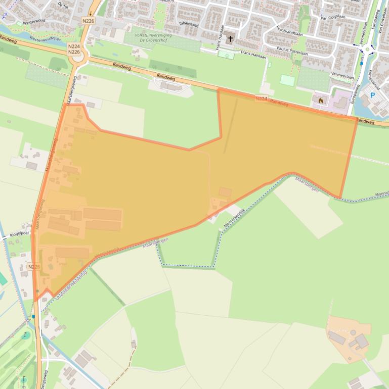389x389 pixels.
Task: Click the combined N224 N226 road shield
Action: [x=74, y=48]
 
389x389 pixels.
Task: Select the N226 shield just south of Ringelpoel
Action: [x=34, y=266]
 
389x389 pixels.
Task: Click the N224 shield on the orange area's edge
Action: [x=261, y=99]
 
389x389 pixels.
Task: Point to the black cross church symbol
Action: [x=230, y=39]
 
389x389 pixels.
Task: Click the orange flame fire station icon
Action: [x=321, y=101]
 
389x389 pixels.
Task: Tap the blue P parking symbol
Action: [x=373, y=94]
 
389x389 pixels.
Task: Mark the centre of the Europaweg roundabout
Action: [x=368, y=50]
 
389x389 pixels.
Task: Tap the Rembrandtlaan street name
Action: [x=292, y=31]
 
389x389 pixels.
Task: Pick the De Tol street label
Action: [x=63, y=5]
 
